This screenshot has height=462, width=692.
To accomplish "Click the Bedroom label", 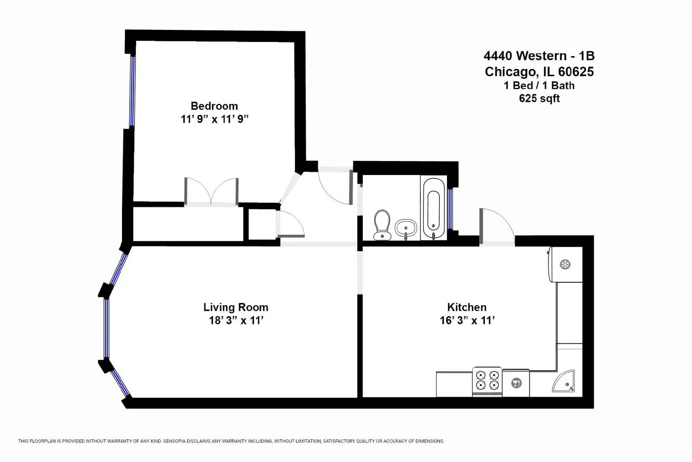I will coord(214,106).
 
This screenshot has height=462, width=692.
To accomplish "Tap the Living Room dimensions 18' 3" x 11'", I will coord(236,321).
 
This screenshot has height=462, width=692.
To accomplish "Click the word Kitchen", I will coord(467,307).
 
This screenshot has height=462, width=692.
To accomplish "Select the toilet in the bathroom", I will coord(382,224).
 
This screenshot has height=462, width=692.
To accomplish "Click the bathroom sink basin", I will coord(406,227).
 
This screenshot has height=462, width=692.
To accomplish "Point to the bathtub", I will coord(433,208).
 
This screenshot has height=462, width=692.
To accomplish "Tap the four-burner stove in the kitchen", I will coord(487,381).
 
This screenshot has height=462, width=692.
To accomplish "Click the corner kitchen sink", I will coord(564,381).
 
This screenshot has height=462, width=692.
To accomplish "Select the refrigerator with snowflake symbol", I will coord(565,264).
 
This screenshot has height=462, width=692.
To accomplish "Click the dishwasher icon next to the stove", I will coord(516,383).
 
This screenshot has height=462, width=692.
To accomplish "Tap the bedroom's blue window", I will coord(133,91).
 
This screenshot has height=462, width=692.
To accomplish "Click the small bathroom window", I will coord(450,209).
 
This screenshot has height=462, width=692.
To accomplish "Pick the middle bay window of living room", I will coord(106,328).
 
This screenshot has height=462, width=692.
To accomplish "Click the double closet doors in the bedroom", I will coord(211,191).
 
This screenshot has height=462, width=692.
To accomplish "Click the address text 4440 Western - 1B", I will coord(539,56).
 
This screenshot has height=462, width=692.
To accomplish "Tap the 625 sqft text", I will coord(539,99).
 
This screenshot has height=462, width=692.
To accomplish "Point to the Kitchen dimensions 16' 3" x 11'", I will coord(467,321).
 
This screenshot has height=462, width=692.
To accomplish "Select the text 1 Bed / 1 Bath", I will coord(539,86).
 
